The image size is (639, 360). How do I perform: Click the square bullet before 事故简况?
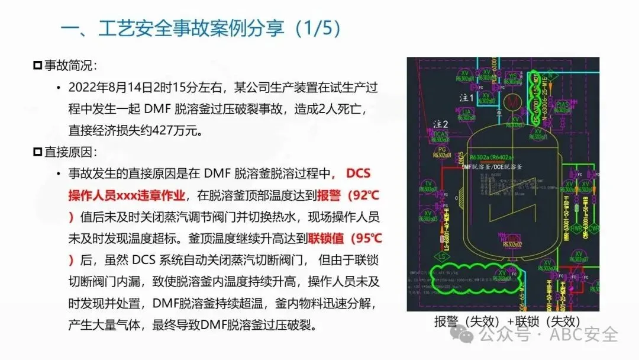pos(38,66)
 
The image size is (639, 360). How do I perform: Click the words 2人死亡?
pos(346,109)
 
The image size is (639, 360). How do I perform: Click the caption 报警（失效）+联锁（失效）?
pos(506,322)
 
